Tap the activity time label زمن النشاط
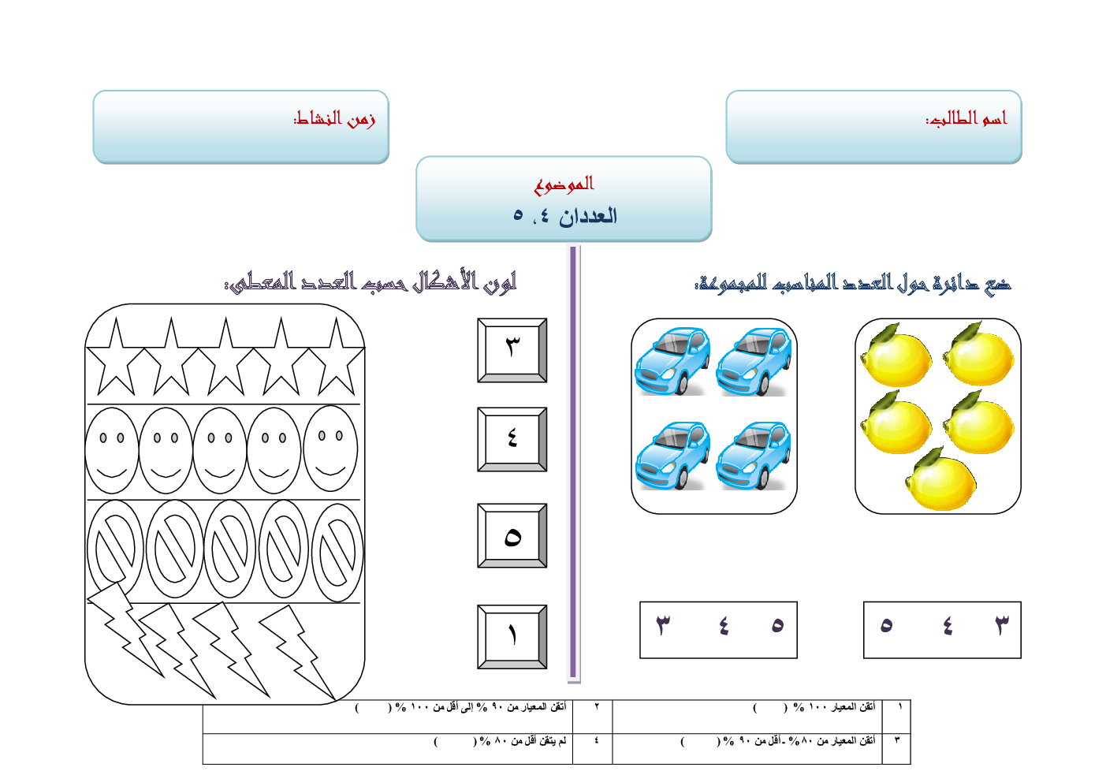coord(334,118)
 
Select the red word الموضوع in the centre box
coord(564,184)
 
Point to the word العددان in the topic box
coord(588,216)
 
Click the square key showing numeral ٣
coord(512,351)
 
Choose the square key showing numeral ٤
coord(512,439)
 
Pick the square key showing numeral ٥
coord(512,536)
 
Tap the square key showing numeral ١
coord(512,636)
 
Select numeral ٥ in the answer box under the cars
coord(777,626)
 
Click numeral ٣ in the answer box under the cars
coord(663,626)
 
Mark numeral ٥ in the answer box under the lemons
coord(886,626)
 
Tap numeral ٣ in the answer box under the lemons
coord(1001,626)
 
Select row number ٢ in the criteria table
coord(596,707)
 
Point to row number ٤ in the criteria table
coord(596,741)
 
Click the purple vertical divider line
coord(574,465)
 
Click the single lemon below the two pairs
coord(941,481)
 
